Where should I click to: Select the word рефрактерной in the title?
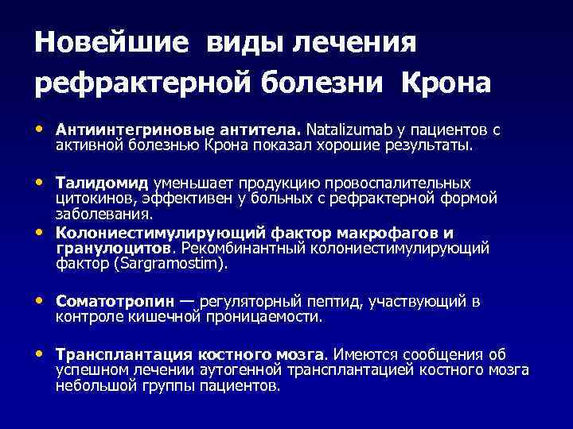coord(154,82)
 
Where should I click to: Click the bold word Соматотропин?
coord(112,303)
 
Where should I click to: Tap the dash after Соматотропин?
coord(186,303)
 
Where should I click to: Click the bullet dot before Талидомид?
coord(40,184)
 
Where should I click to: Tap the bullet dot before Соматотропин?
coord(40,303)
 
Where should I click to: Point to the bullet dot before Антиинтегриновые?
coord(40,127)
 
